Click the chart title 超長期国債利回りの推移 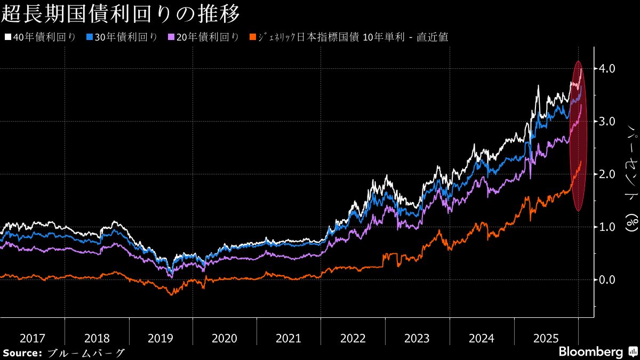pos(120,14)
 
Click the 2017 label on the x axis pos(32,338)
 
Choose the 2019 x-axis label pos(161,338)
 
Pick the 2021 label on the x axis pos(289,338)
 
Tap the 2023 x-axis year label pos(417,338)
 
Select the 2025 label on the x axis pos(545,338)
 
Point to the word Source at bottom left pos(22,353)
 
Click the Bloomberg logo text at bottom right pos(590,352)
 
